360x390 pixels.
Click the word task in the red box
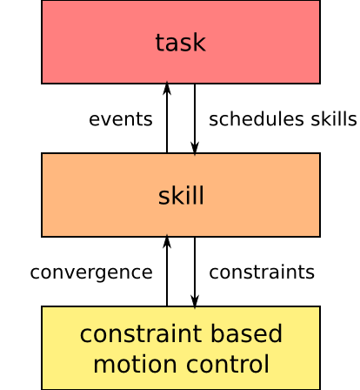(x=181, y=43)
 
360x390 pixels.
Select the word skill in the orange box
(x=181, y=195)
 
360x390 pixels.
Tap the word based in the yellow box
(x=246, y=333)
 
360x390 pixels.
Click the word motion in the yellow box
(x=135, y=365)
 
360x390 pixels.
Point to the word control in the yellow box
(x=228, y=364)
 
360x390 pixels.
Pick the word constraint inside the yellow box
(x=141, y=333)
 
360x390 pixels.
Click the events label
(x=121, y=119)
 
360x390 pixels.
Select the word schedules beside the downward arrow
(x=257, y=119)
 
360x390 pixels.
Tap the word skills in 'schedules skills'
(x=334, y=119)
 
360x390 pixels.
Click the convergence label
(x=91, y=273)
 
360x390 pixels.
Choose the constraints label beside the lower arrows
(x=262, y=272)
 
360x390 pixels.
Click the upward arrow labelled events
(x=167, y=118)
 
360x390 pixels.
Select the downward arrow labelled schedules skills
(x=195, y=119)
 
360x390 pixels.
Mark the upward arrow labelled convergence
(x=167, y=271)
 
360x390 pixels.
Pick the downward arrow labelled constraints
(x=195, y=272)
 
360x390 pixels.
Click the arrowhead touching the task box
(x=167, y=88)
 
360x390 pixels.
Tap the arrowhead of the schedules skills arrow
(x=195, y=149)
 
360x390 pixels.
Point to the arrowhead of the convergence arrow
(x=167, y=241)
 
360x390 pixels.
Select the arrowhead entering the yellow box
(x=195, y=302)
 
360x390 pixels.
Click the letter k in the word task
(x=200, y=43)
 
